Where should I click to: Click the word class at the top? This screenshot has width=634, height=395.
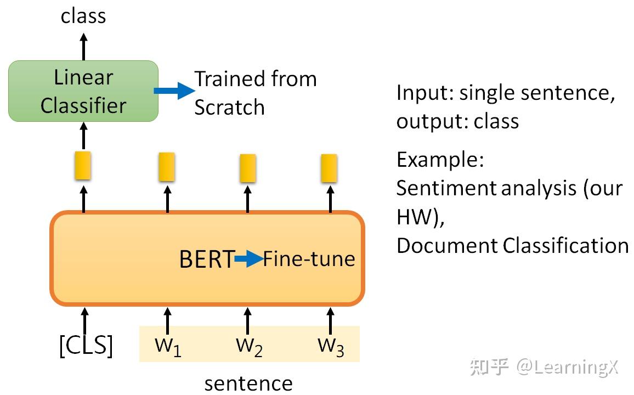(83, 16)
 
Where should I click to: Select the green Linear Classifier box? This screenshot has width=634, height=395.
(83, 91)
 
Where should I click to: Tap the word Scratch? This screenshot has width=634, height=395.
(229, 107)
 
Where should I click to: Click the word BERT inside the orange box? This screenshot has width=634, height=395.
(206, 259)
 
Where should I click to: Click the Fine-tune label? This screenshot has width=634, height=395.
(309, 258)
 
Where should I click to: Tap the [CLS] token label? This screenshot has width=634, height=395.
(86, 346)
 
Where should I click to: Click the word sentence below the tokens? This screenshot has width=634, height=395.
(248, 383)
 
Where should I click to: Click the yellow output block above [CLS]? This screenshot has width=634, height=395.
(83, 166)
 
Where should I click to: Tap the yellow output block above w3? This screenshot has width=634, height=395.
(329, 168)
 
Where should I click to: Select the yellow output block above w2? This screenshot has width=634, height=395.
(248, 168)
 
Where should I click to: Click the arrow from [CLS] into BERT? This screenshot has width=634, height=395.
(84, 318)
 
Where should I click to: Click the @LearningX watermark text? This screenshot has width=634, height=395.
(567, 367)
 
